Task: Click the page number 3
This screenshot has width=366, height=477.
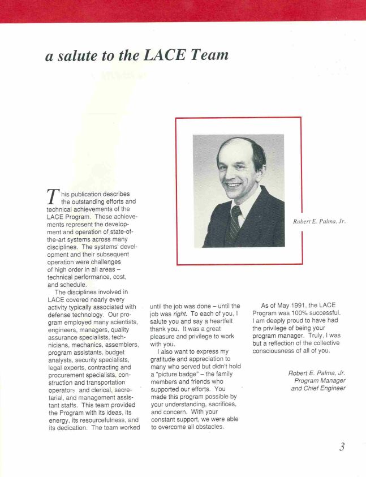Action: pyautogui.click(x=342, y=447)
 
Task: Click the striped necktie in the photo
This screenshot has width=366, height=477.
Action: pyautogui.click(x=235, y=222)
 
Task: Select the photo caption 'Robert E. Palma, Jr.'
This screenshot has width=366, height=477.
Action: pyautogui.click(x=319, y=221)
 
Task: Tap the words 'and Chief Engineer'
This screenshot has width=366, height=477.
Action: pyautogui.click(x=318, y=388)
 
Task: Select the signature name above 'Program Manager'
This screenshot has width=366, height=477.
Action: pyautogui.click(x=316, y=373)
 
